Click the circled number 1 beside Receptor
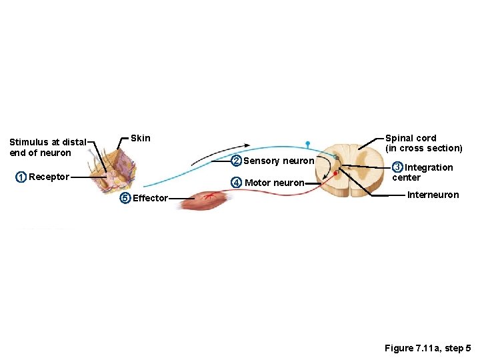coord(21,177)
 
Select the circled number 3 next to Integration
coord(397,167)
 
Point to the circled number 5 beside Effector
coord(124,197)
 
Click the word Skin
coord(141,138)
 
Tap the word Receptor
coord(49,177)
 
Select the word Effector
coord(150,197)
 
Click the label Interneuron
coord(433,195)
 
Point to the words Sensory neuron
coord(279,161)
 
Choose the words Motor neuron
coord(275,183)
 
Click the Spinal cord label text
coord(411,138)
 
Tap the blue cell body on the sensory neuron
coord(308,143)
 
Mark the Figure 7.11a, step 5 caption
coord(427,348)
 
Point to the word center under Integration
coord(406,177)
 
